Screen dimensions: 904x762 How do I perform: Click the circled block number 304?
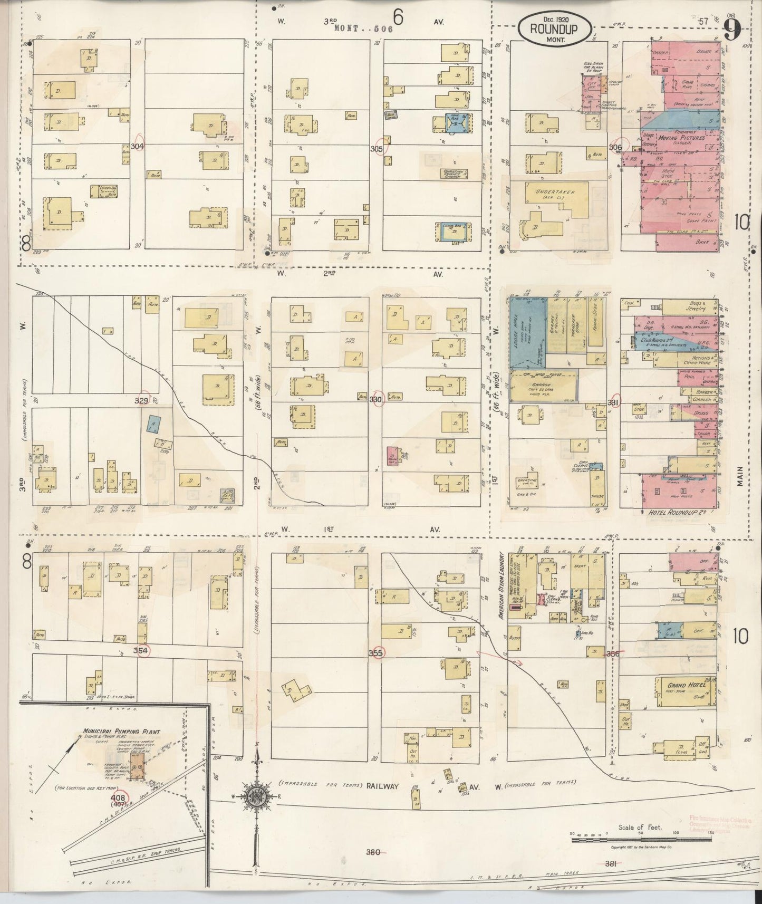pos(138,146)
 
